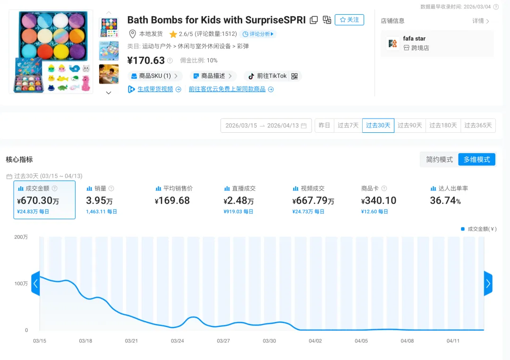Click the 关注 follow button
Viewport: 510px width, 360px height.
tap(349, 20)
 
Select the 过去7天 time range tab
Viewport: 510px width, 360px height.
tap(348, 126)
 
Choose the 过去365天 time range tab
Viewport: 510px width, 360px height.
tap(478, 126)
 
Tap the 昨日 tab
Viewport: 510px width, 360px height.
tap(324, 126)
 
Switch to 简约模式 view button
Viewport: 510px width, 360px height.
tap(439, 160)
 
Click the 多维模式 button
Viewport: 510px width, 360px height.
tap(476, 160)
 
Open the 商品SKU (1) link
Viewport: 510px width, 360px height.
tap(154, 76)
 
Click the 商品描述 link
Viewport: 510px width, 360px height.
tap(212, 76)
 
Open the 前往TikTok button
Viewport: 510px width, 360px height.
tap(272, 76)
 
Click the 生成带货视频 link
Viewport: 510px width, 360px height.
tap(155, 89)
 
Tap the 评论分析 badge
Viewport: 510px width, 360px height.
tap(258, 34)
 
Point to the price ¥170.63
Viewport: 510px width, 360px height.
tap(146, 60)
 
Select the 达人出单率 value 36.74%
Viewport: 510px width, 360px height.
tap(445, 201)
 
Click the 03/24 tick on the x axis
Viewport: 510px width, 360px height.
tap(177, 341)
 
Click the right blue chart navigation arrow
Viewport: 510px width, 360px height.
tap(488, 284)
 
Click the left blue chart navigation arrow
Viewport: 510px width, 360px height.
tap(35, 284)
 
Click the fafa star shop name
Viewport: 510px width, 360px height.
tap(414, 39)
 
